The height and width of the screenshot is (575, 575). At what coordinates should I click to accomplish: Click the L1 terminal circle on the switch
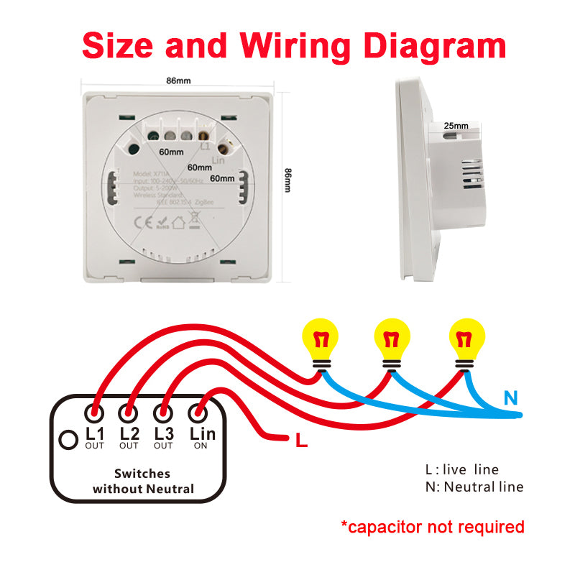pos(94,413)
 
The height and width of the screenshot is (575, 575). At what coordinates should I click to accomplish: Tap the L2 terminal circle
pos(129,413)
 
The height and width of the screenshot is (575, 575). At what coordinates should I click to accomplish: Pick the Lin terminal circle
pos(198,413)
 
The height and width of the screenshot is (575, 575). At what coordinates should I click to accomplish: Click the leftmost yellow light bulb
pos(320,339)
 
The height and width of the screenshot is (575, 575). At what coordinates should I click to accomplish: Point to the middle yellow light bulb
pos(392,339)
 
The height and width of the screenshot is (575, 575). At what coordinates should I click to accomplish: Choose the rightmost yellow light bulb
pos(466,339)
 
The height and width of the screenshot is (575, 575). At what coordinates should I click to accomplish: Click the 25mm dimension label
pos(456,126)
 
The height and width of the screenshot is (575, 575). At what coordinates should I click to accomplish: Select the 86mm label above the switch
pos(178,80)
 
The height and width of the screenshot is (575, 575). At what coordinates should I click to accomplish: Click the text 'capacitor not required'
pos(433,527)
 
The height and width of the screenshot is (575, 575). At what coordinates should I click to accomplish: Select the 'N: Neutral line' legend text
pos(474,487)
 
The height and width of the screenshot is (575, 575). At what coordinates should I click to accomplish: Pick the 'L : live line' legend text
pos(461,469)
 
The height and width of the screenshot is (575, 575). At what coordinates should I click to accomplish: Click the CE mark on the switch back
pos(144,222)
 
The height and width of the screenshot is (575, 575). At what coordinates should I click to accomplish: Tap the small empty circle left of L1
pos(68,438)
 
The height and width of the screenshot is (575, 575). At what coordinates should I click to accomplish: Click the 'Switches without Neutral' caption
pos(143,482)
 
